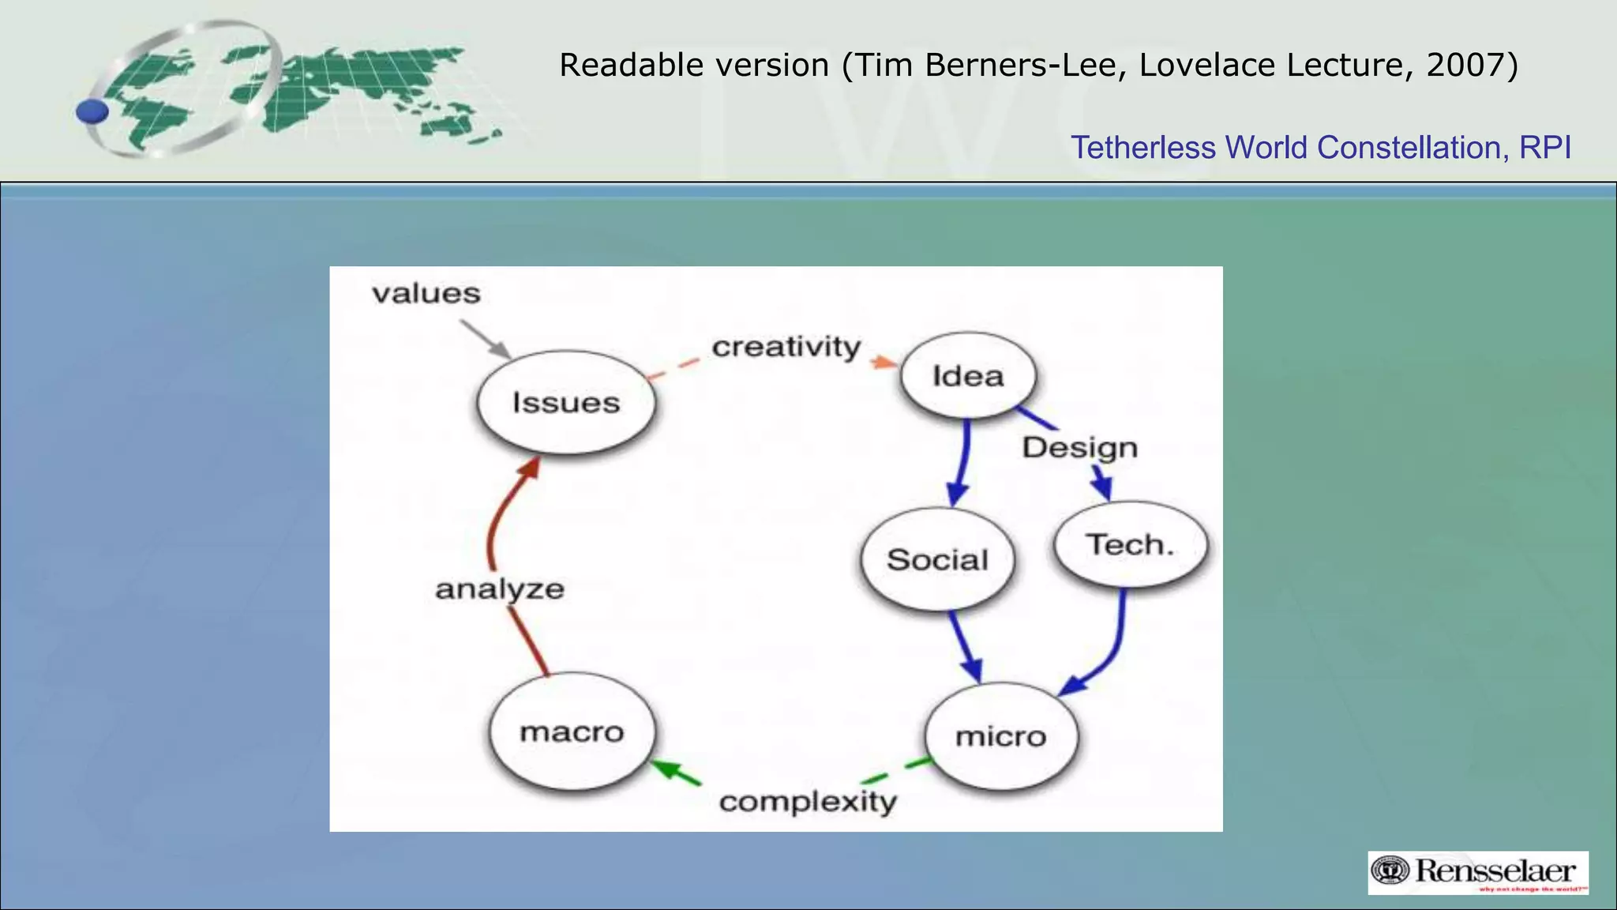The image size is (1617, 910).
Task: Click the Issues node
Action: tap(566, 403)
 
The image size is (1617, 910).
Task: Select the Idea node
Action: tap(968, 376)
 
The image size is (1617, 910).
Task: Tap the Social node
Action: tap(937, 560)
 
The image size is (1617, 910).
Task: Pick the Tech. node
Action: tap(1131, 545)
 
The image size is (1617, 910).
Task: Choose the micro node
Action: tap(1000, 737)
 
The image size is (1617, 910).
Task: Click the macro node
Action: tap(572, 732)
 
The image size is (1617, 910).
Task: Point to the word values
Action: tap(426, 294)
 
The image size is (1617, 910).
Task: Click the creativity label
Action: tap(786, 347)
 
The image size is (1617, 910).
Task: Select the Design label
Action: tap(1080, 448)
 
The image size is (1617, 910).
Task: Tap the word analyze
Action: tap(500, 589)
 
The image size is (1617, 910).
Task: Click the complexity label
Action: tap(808, 802)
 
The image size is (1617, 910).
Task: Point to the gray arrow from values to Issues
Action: tap(484, 338)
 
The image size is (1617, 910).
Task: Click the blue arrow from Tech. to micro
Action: tap(1114, 648)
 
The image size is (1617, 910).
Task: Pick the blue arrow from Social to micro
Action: tap(965, 645)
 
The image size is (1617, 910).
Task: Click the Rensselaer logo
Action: tap(1477, 873)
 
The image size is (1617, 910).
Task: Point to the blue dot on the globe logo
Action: tap(92, 111)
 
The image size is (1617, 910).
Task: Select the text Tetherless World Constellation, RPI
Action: tap(1320, 148)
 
